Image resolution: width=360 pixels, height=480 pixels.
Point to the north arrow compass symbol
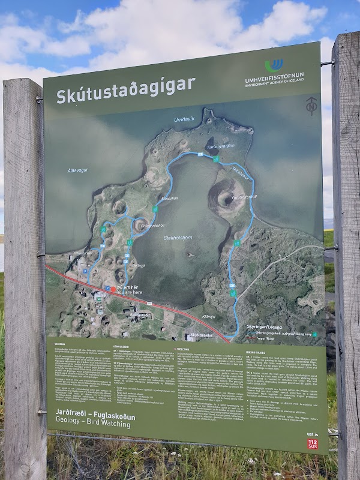click(310, 106)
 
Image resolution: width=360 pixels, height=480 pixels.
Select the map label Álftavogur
click(80, 170)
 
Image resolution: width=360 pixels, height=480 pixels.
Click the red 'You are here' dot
click(112, 289)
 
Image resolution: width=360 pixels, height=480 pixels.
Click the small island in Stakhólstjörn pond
click(191, 255)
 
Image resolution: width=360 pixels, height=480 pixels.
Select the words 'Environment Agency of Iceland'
click(275, 86)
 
